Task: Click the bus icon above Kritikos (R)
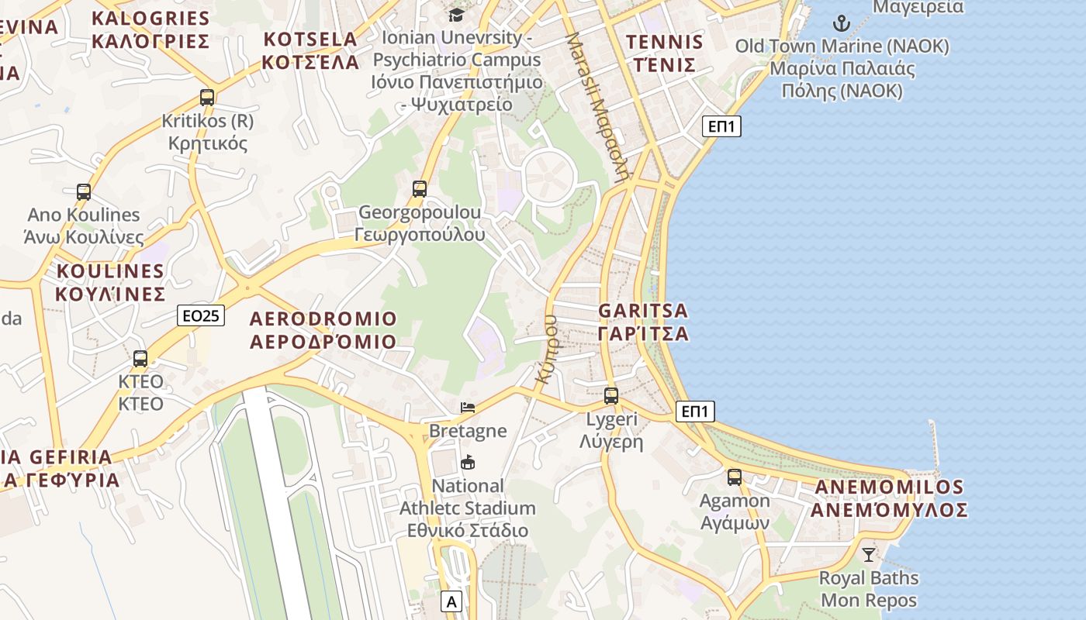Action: (206, 98)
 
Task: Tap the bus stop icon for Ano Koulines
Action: (83, 191)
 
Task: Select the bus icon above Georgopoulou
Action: (419, 188)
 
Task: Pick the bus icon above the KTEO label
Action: (140, 359)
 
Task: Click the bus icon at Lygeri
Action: (611, 396)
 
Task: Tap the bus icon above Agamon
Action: (735, 477)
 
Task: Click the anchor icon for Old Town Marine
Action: (842, 23)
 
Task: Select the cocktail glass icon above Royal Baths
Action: (869, 555)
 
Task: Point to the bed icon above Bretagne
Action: (468, 408)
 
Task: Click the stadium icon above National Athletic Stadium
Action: (468, 463)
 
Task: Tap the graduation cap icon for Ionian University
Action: (456, 15)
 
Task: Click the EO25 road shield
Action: (201, 315)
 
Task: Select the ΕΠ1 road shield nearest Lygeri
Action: (695, 412)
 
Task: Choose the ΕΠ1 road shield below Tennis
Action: (721, 126)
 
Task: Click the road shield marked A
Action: (451, 601)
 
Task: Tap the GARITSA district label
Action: (643, 322)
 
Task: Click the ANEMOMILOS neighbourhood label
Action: (889, 498)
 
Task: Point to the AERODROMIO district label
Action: (323, 330)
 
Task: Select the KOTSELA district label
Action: (310, 50)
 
